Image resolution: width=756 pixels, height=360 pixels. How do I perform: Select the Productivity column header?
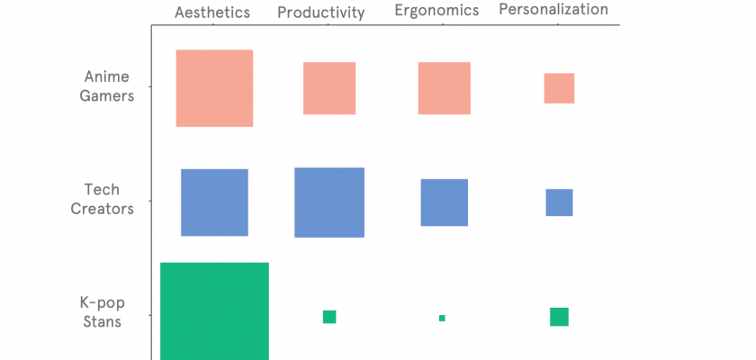320,12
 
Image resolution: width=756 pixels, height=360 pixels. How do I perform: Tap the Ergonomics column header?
436,11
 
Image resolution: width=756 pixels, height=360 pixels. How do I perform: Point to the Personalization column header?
553,10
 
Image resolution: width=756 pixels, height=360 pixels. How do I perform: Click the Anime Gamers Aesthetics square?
214,88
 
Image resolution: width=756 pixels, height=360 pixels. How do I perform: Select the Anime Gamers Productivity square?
329,88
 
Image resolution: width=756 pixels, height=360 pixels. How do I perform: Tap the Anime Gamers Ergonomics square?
445,88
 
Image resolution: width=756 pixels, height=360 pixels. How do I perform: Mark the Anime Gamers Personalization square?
559,88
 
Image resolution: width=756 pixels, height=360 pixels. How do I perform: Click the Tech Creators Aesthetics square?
214,202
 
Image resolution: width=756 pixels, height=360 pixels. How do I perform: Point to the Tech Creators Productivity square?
329,202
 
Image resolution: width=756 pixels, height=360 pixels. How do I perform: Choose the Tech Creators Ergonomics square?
445,202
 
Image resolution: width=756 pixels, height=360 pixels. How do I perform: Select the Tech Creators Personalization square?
559,202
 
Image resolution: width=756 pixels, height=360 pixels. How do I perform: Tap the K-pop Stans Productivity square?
329,317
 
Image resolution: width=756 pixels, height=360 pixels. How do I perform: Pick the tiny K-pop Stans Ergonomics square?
442,318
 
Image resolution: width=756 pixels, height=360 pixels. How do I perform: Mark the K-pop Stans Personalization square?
559,317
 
